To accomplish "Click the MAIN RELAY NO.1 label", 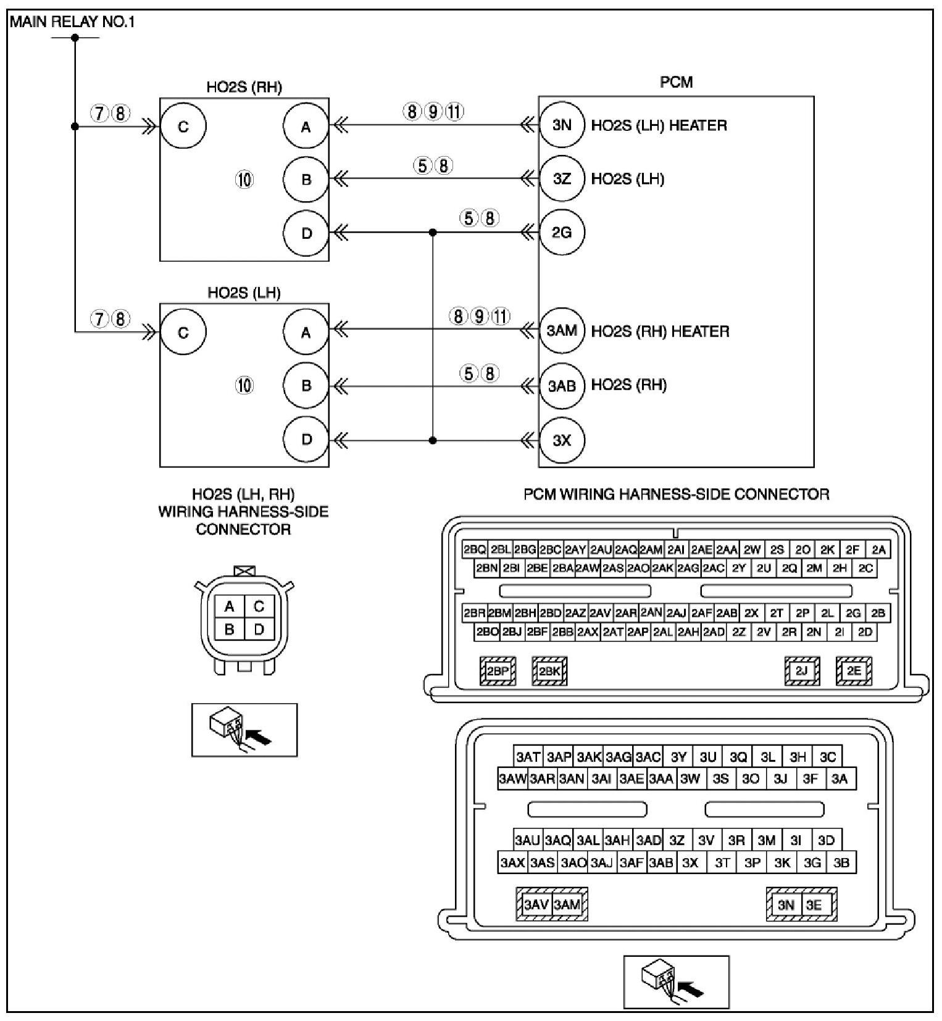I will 72,22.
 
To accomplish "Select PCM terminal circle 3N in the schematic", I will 562,125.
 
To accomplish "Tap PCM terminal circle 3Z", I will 562,179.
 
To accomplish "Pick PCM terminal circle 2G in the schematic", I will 562,233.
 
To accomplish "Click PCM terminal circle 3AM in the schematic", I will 562,331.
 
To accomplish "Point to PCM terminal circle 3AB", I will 562,386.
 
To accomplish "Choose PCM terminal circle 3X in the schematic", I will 562,440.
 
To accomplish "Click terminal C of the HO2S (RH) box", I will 183,127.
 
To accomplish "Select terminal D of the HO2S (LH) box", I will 306,440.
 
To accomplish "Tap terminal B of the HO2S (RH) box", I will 306,180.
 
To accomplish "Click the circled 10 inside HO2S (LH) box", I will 244,386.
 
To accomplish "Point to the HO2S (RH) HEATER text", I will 660,331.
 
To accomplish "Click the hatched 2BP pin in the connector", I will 498,672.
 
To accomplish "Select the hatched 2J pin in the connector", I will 801,671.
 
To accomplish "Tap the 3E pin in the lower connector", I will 814,905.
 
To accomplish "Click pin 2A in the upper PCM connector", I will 878,549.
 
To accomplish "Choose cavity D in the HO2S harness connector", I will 259,629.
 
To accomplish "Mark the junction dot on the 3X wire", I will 433,440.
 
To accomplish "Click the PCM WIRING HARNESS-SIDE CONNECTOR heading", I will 676,494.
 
